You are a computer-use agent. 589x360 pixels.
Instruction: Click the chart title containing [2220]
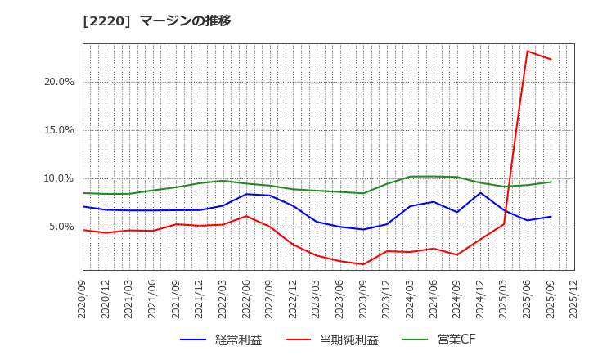[x=157, y=20]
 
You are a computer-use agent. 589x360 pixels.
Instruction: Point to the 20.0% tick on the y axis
[x=58, y=82]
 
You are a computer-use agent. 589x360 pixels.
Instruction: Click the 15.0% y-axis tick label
[x=58, y=130]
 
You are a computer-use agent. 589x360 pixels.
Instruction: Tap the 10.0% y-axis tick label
[x=58, y=178]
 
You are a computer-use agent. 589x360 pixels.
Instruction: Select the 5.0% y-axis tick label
[x=61, y=227]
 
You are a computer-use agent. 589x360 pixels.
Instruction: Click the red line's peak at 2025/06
[x=528, y=51]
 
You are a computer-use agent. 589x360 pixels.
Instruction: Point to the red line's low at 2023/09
[x=363, y=264]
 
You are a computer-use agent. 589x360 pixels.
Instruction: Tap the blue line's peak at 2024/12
[x=481, y=193]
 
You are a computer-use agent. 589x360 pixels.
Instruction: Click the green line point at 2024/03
[x=411, y=177]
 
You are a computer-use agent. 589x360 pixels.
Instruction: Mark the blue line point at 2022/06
[x=246, y=194]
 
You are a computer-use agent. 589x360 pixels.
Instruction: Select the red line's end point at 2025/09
[x=551, y=59]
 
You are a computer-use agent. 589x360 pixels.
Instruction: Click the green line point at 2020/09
[x=83, y=193]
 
